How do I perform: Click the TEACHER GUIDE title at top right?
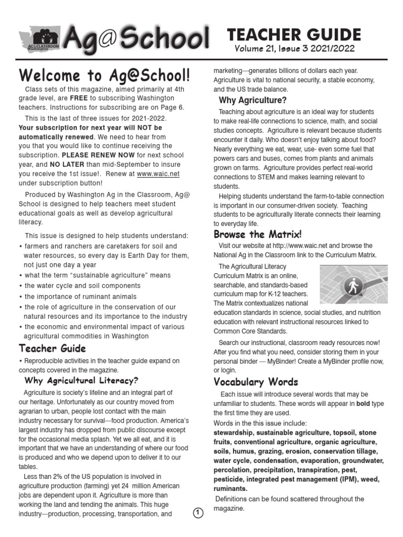293,35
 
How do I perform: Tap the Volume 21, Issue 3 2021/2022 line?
294,49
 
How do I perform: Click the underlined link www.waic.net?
159,174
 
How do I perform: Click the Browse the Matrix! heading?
257,234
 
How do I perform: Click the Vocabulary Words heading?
256,382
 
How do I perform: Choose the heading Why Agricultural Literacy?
81,380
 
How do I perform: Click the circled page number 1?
198,513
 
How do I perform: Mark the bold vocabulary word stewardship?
235,433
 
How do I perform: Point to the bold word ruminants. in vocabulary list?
231,488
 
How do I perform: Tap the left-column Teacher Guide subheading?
52,348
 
